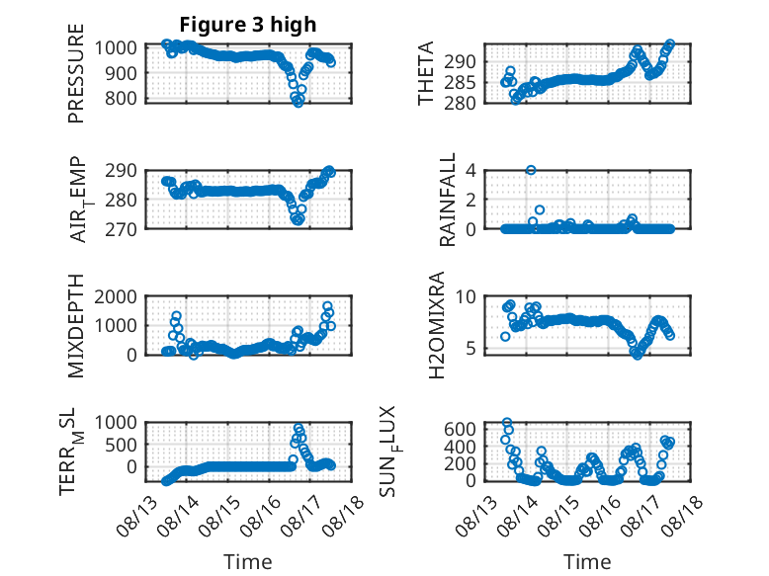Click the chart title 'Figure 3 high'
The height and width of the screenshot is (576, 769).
[248, 25]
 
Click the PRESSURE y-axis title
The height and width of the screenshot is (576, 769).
[76, 73]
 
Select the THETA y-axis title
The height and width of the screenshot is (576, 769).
[426, 73]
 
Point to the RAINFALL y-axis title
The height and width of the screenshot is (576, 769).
[448, 200]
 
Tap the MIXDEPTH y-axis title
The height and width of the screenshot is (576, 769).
[76, 326]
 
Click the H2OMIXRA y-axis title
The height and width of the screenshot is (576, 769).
[437, 325]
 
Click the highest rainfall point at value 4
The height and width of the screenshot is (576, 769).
[531, 170]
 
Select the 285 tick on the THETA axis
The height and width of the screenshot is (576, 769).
[460, 83]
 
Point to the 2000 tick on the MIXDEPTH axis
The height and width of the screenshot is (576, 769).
[116, 296]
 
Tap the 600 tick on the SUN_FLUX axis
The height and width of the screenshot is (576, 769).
[460, 430]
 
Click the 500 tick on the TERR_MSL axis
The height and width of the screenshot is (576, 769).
[123, 446]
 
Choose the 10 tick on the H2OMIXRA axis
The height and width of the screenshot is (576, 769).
[466, 296]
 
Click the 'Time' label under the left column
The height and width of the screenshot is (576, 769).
[248, 562]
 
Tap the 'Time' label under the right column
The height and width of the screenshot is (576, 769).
[587, 562]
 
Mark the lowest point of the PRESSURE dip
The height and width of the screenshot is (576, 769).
[299, 103]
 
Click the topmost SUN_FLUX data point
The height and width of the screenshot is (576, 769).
[507, 423]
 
